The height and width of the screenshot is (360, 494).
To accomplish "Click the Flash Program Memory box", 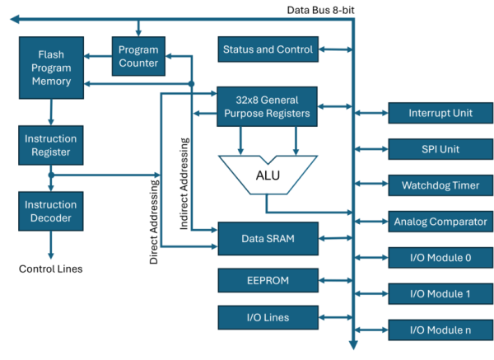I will point(50,67).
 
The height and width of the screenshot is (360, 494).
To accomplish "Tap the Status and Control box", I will point(268,49).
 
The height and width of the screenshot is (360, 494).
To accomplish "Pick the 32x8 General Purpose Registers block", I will point(268,106).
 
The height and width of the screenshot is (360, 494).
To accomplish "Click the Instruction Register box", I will point(50,146).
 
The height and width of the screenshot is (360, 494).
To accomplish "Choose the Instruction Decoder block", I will point(50,211).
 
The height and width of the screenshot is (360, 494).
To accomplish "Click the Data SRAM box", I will point(268,239).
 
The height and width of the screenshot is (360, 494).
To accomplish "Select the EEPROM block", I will point(268,280).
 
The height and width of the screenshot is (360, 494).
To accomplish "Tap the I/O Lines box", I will point(268,317).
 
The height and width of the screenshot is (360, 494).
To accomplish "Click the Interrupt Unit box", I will point(440,113).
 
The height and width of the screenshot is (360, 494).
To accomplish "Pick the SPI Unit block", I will point(440,149).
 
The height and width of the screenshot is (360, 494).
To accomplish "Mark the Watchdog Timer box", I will point(440,185).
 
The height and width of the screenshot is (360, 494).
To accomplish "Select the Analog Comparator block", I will point(440,222).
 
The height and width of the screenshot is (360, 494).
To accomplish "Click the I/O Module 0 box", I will point(440,258).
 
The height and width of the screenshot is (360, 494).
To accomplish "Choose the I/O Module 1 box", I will point(440,294).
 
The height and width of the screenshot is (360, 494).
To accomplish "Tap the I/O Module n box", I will point(440,330).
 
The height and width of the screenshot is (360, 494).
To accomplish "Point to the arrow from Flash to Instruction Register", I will point(50,111).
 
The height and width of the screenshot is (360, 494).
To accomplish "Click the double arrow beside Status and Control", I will point(334,49).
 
